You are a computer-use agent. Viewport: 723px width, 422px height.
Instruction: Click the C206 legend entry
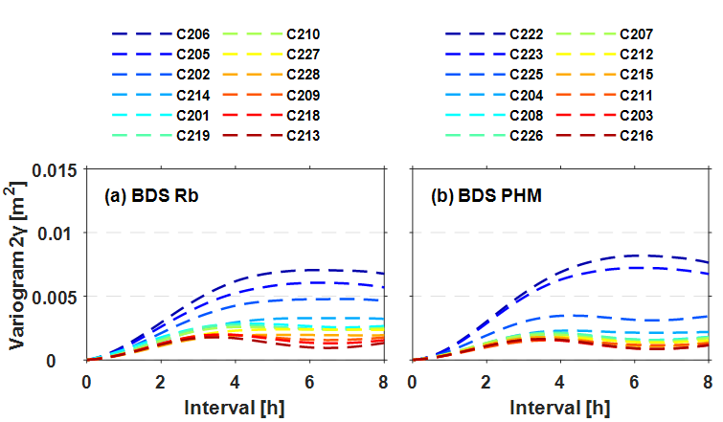[192, 33]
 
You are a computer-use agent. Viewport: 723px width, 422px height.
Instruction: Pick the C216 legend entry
[637, 136]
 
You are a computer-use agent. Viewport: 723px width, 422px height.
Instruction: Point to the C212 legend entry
[637, 54]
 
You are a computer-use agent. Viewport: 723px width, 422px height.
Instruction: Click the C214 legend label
[192, 95]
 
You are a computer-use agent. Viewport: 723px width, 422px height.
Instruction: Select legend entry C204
[526, 95]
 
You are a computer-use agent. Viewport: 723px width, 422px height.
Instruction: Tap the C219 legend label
[192, 136]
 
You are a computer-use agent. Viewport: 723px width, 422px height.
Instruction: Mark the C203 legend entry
[637, 116]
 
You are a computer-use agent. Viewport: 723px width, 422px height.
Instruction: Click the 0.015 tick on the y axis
[56, 169]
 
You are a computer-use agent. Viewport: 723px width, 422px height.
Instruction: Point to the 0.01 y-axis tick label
[60, 233]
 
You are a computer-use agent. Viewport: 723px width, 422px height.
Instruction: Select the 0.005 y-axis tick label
[56, 297]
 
